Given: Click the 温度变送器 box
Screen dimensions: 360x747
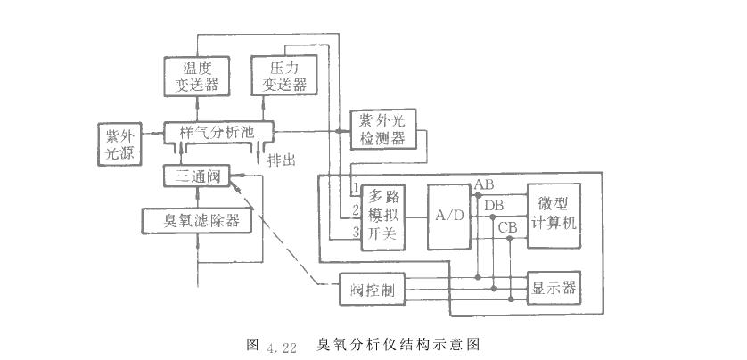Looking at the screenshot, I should pos(195,75).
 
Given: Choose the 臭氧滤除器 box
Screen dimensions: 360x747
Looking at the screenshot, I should pos(195,221).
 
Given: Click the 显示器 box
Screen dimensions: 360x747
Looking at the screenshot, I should pos(554,287).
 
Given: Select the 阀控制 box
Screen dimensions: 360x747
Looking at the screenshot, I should pos(372,289).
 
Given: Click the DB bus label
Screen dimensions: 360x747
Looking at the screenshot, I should pos(494,207).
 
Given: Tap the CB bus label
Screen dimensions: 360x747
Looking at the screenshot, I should pos(507,227).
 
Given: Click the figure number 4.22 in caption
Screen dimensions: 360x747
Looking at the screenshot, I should pos(280,345).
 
